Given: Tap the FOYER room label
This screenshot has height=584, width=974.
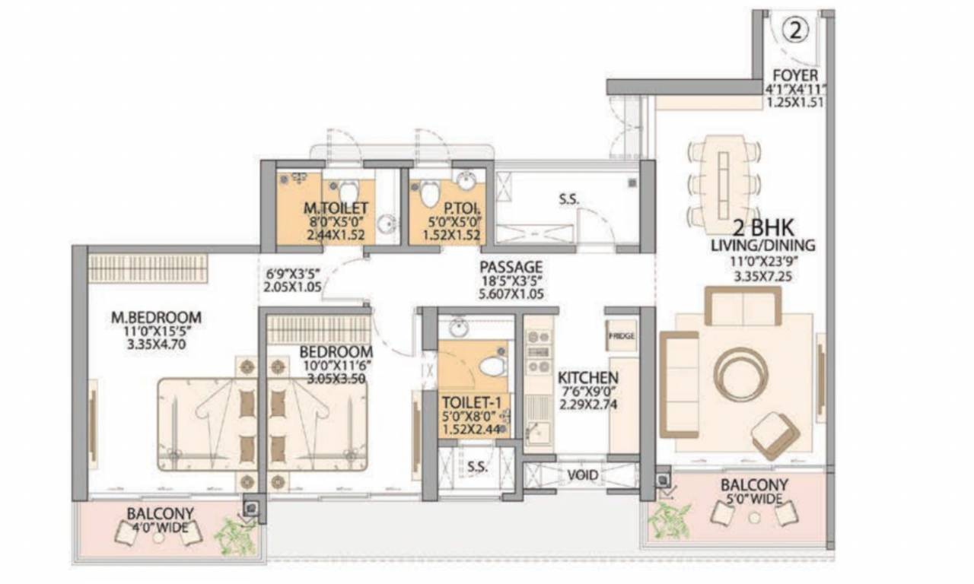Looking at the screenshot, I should [x=795, y=75].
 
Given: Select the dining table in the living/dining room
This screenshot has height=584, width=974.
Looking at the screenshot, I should [x=723, y=185].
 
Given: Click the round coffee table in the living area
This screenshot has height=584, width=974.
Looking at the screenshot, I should [x=741, y=374].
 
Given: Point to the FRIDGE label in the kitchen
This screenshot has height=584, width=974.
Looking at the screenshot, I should [x=621, y=335].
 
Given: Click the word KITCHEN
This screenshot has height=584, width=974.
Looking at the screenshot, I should [x=587, y=378].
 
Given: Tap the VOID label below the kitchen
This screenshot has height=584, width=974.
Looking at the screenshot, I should [x=582, y=476].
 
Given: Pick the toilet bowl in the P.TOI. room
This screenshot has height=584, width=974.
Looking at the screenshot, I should [x=430, y=192].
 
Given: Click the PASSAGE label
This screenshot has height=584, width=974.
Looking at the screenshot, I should [x=511, y=267].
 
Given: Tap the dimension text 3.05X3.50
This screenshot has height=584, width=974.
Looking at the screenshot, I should [x=336, y=379].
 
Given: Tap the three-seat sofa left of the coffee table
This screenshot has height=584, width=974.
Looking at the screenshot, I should [x=679, y=384].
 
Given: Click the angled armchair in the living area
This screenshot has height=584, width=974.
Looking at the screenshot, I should [x=775, y=434].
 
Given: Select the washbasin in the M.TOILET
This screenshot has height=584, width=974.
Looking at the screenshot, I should [x=388, y=224].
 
